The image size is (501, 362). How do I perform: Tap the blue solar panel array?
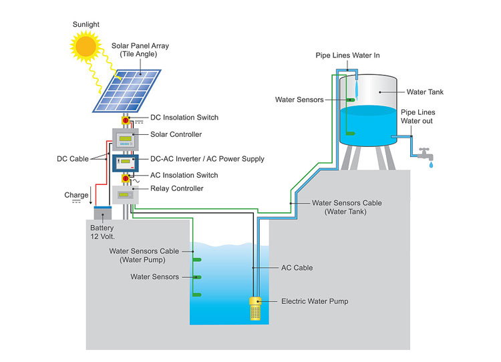click(127, 89)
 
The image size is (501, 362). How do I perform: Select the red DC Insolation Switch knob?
click(125, 122)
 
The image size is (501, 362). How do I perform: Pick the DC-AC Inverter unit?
click(124, 163)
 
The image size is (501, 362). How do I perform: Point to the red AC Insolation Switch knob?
click(125, 179)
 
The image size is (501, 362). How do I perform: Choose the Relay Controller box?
click(124, 195)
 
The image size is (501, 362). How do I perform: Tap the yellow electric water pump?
click(255, 309)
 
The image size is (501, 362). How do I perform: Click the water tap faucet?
click(424, 152)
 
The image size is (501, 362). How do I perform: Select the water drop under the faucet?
click(431, 164)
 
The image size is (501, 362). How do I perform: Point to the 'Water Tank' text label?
click(425, 92)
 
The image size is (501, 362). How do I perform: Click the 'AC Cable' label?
click(297, 268)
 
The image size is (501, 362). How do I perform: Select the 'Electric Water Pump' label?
click(315, 302)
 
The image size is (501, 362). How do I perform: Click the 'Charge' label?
click(76, 195)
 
